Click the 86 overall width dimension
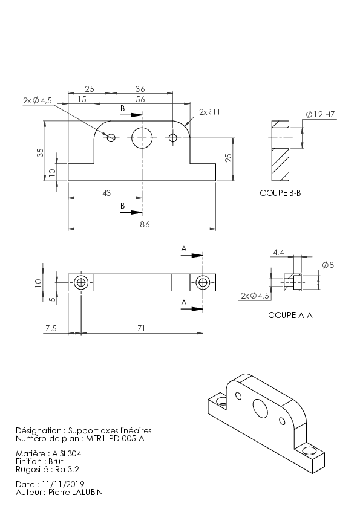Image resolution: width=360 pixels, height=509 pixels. (145, 224)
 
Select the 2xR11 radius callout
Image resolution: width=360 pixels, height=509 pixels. (209, 112)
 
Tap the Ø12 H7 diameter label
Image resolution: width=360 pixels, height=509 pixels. (320, 114)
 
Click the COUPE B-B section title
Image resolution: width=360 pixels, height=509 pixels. (280, 193)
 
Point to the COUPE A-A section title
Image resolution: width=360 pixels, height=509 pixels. (290, 315)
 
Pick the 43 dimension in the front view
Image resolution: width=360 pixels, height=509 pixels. (106, 193)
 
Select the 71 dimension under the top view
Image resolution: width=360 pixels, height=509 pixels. (141, 328)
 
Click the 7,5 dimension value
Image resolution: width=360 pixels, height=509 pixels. (51, 328)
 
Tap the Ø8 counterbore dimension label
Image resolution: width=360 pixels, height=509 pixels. (328, 265)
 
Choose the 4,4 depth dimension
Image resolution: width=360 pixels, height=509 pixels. (278, 252)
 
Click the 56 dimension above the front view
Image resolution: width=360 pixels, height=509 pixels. (140, 99)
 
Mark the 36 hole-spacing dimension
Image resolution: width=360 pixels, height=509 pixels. (140, 89)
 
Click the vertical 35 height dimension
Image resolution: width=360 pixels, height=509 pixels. (40, 152)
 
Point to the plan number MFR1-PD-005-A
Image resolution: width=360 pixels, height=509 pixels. (115, 439)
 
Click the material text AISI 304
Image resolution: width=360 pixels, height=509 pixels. (67, 453)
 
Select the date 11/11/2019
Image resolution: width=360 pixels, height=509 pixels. (63, 484)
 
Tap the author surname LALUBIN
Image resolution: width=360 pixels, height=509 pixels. (87, 493)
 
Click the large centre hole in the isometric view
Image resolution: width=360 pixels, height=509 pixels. (260, 408)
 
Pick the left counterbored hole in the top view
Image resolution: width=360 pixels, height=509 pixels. (81, 283)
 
